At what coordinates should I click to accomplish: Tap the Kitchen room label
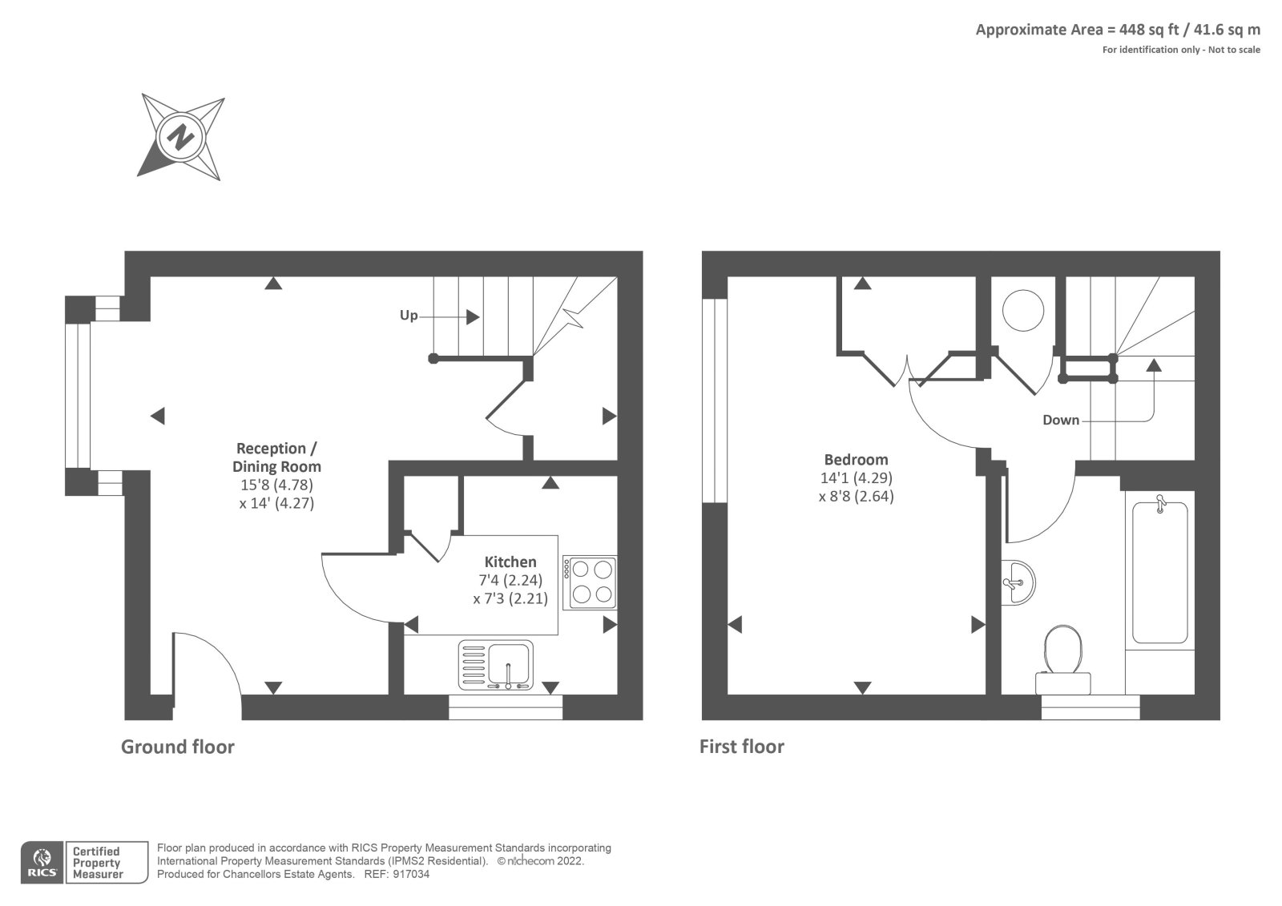tap(510, 562)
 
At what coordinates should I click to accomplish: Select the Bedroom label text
tap(857, 460)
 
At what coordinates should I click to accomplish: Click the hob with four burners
tap(590, 582)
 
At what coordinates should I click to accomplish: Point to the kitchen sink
tap(496, 664)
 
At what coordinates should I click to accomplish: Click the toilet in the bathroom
tap(1062, 659)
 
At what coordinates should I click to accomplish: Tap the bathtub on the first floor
tap(1160, 572)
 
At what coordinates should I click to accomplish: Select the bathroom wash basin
tap(1018, 583)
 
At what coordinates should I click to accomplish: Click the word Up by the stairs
tap(409, 316)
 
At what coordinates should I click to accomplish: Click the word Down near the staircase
tap(1061, 420)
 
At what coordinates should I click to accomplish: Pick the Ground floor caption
tap(177, 747)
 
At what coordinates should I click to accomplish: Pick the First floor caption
tap(742, 747)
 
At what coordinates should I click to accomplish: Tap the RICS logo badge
tap(42, 863)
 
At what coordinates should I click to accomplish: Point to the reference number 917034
tap(411, 874)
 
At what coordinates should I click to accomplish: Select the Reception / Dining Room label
tap(277, 457)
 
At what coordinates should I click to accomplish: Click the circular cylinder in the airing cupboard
tap(1022, 310)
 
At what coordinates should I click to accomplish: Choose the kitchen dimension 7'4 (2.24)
tap(510, 580)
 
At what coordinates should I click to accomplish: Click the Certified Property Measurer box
tap(107, 863)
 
